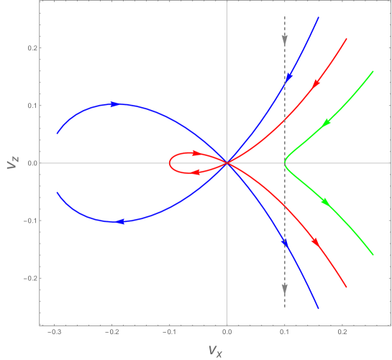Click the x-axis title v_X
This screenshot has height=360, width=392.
click(214, 349)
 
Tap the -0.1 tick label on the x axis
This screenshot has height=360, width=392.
click(169, 333)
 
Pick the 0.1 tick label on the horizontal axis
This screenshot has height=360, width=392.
click(286, 333)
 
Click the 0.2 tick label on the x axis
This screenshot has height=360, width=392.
click(343, 333)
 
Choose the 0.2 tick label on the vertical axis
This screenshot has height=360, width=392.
click(32, 48)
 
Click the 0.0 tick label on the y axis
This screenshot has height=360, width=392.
click(32, 163)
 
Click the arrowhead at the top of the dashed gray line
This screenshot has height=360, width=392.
click(285, 40)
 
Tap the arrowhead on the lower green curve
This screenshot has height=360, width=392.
click(326, 203)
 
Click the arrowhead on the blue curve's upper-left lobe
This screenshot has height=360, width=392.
click(113, 104)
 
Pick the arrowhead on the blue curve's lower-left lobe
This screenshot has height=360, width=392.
click(121, 222)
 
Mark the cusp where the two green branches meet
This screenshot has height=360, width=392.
click(285, 163)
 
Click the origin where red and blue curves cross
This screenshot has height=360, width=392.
click(227, 163)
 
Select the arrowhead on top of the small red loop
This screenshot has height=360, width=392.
click(196, 152)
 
